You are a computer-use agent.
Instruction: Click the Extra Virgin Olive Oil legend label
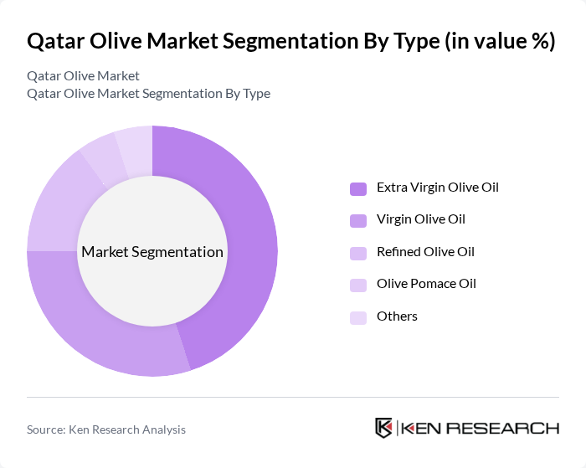pos(437,187)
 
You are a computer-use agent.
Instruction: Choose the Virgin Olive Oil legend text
pos(420,219)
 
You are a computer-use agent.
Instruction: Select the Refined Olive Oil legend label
pos(425,251)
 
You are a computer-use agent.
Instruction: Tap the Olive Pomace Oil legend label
pos(426,284)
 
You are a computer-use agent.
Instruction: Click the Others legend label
pos(397,316)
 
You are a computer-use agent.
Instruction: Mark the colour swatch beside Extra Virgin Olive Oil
pos(358,188)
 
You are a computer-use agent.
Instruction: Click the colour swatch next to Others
pos(358,316)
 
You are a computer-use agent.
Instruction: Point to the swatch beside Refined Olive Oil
pos(358,252)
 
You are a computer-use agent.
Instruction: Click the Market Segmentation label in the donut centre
pos(152,251)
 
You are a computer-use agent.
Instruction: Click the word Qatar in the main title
pos(56,41)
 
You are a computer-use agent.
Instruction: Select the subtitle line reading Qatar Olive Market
pos(83,76)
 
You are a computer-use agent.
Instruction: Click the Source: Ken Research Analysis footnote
pos(106,429)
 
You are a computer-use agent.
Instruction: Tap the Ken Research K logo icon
pos(384,427)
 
